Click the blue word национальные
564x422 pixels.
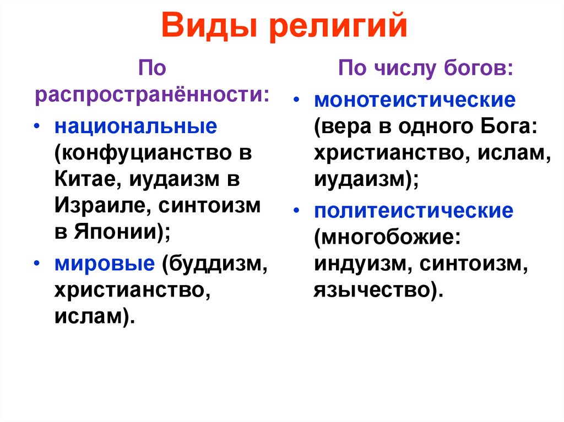click(135, 126)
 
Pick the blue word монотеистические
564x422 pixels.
click(415, 101)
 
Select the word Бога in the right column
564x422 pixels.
click(503, 127)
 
